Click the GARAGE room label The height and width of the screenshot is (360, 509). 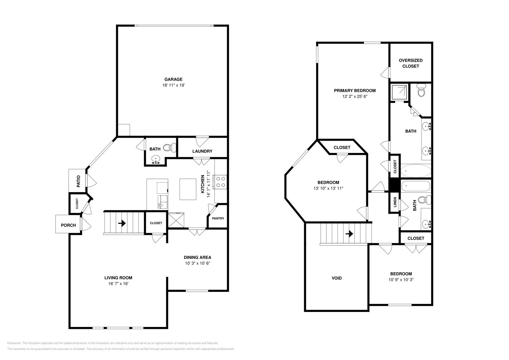click(173, 79)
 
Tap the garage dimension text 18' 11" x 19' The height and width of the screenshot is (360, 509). click(173, 85)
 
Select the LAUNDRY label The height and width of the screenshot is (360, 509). click(202, 151)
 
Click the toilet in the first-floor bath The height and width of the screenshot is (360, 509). click(170, 148)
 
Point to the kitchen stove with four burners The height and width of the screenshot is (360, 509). click(220, 182)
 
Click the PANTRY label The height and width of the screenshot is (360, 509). click(218, 218)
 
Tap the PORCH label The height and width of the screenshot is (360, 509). click(68, 225)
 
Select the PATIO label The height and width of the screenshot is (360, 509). click(78, 181)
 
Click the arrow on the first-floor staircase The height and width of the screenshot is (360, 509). click(122, 223)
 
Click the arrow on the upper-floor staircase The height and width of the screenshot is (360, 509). click(349, 233)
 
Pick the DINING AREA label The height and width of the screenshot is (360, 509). click(198, 257)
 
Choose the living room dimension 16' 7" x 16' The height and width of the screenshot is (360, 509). click(118, 284)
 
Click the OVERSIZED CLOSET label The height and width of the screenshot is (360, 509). click(411, 63)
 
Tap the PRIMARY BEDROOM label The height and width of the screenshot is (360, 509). click(355, 91)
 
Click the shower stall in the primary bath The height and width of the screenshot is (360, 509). click(399, 92)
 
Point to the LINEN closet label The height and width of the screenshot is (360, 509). click(395, 202)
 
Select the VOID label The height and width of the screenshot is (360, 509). click(337, 278)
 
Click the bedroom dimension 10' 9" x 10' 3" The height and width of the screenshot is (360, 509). click(401, 280)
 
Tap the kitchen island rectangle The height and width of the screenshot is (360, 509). click(188, 189)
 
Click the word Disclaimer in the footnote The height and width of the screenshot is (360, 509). click(14, 343)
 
